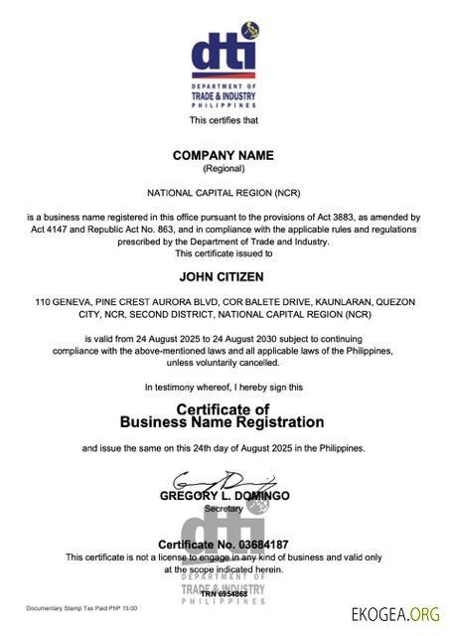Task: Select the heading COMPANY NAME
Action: pos(223,156)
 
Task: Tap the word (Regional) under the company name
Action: pos(223,169)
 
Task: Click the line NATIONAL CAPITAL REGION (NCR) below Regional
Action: pos(223,192)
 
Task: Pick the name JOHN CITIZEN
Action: pos(223,277)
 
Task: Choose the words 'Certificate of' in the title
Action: pos(223,409)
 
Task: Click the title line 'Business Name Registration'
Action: pos(223,422)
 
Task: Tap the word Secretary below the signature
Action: pos(223,508)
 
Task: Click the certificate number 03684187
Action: pos(256,545)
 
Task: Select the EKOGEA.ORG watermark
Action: pos(394,612)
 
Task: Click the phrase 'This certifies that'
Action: pos(223,120)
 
